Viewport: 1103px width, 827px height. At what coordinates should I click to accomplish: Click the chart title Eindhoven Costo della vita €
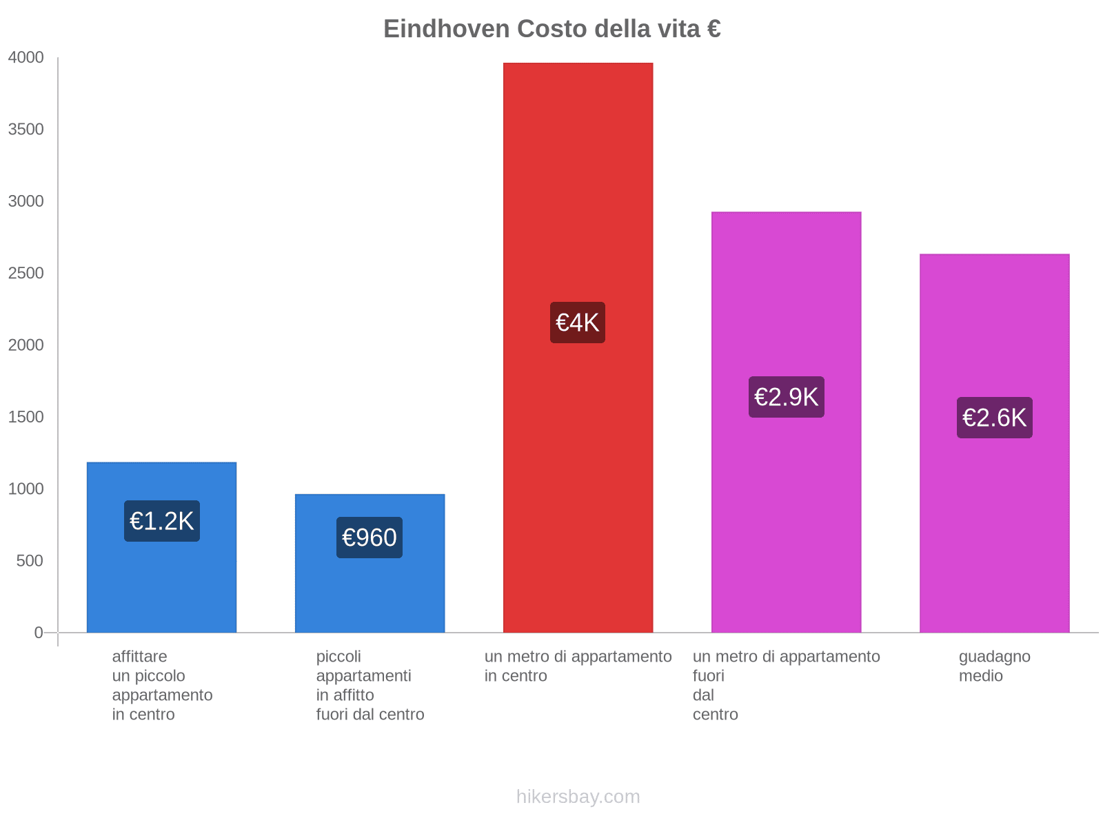pyautogui.click(x=552, y=29)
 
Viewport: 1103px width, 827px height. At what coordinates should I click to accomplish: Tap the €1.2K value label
pyautogui.click(x=162, y=521)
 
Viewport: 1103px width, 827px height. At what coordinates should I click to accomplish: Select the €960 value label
pyautogui.click(x=370, y=538)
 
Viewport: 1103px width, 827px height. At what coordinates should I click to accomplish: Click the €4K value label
pyautogui.click(x=578, y=323)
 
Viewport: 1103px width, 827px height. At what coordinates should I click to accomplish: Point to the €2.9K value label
pyautogui.click(x=786, y=397)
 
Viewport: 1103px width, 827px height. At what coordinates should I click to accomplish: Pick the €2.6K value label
pyautogui.click(x=994, y=418)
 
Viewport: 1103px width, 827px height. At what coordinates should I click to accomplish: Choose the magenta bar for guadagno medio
pyautogui.click(x=994, y=538)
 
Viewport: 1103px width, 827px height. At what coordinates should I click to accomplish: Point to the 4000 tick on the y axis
pyautogui.click(x=26, y=58)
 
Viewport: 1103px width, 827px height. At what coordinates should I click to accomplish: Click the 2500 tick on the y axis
pyautogui.click(x=26, y=274)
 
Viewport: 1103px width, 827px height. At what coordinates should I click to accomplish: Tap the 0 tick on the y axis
pyautogui.click(x=39, y=633)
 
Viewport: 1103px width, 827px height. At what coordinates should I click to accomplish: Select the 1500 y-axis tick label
pyautogui.click(x=26, y=417)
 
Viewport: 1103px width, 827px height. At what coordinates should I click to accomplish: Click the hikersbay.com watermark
pyautogui.click(x=578, y=797)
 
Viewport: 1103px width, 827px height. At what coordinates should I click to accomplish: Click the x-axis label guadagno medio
pyautogui.click(x=994, y=666)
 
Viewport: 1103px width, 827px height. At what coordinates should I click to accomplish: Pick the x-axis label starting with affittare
pyautogui.click(x=162, y=685)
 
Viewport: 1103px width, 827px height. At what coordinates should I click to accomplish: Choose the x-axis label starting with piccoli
pyautogui.click(x=370, y=685)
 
